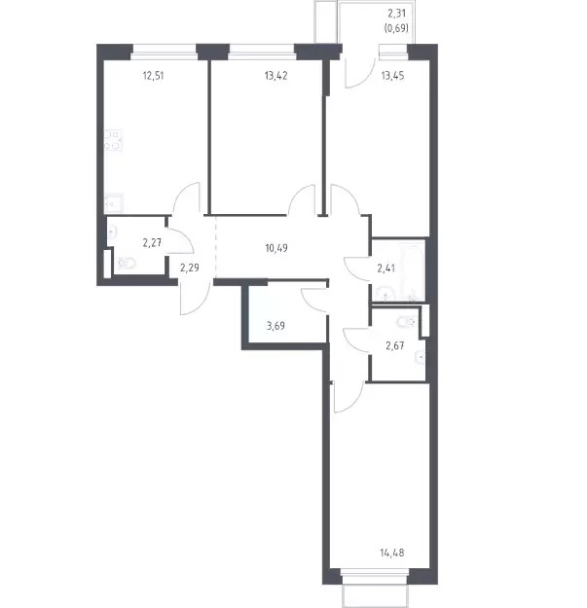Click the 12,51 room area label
(x=153, y=76)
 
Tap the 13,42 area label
(x=275, y=76)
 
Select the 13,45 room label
(x=392, y=76)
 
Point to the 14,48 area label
(x=392, y=553)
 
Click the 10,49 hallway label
(x=276, y=248)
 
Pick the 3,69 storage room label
(x=275, y=326)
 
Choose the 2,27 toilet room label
(x=152, y=243)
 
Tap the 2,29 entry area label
(x=190, y=268)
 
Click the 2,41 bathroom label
(x=386, y=268)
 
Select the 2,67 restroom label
(x=395, y=345)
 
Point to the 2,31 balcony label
(x=396, y=14)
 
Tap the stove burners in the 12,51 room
(x=113, y=140)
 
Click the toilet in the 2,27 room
(x=127, y=264)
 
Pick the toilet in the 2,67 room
(x=406, y=321)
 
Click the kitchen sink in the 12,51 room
(x=114, y=202)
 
